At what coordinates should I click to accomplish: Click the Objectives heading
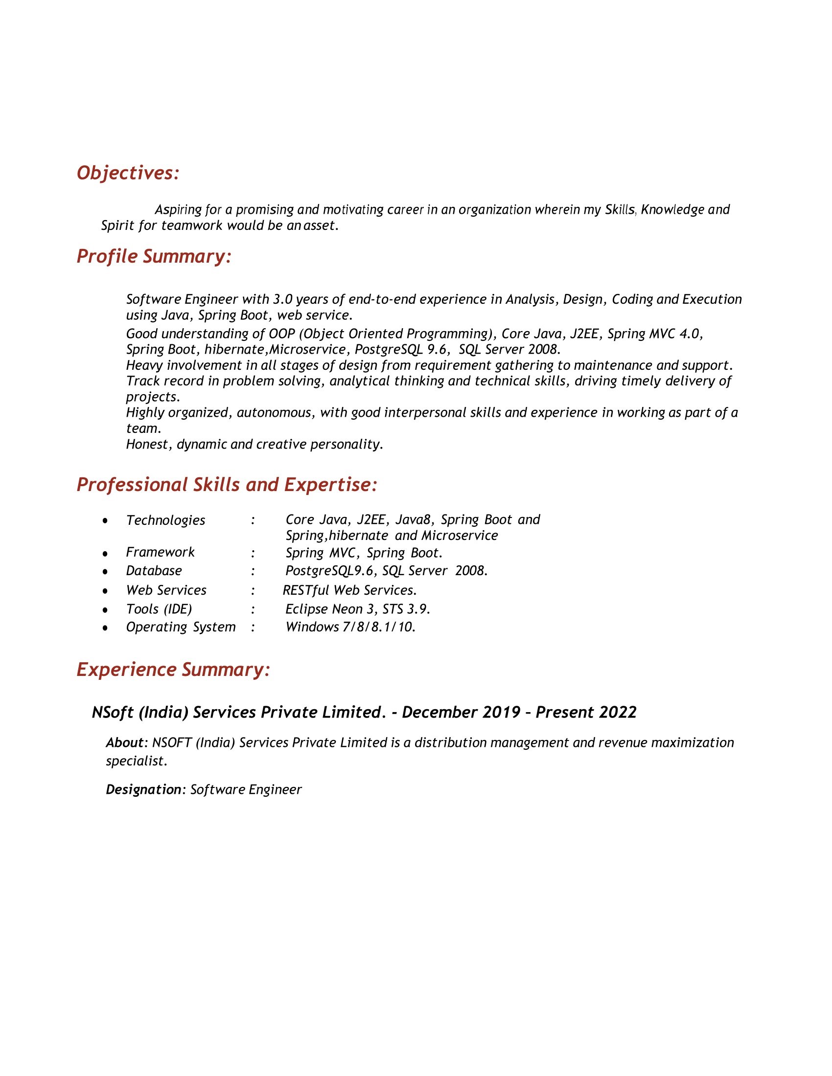point(128,174)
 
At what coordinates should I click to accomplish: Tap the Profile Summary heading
point(154,257)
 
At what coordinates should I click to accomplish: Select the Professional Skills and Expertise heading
point(227,485)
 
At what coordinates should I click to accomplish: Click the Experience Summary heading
point(173,670)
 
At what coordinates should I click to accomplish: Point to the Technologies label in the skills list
point(165,520)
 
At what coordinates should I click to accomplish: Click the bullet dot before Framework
point(105,554)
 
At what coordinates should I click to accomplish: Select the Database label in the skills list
point(154,570)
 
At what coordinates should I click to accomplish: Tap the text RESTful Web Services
point(350,590)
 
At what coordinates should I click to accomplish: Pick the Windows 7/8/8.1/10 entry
point(350,627)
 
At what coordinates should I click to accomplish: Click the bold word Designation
point(143,789)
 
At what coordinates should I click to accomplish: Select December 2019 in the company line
point(461,713)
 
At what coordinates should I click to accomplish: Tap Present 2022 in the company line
point(586,713)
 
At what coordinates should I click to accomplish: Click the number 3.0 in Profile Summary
point(282,299)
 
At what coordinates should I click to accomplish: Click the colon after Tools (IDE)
point(253,609)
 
